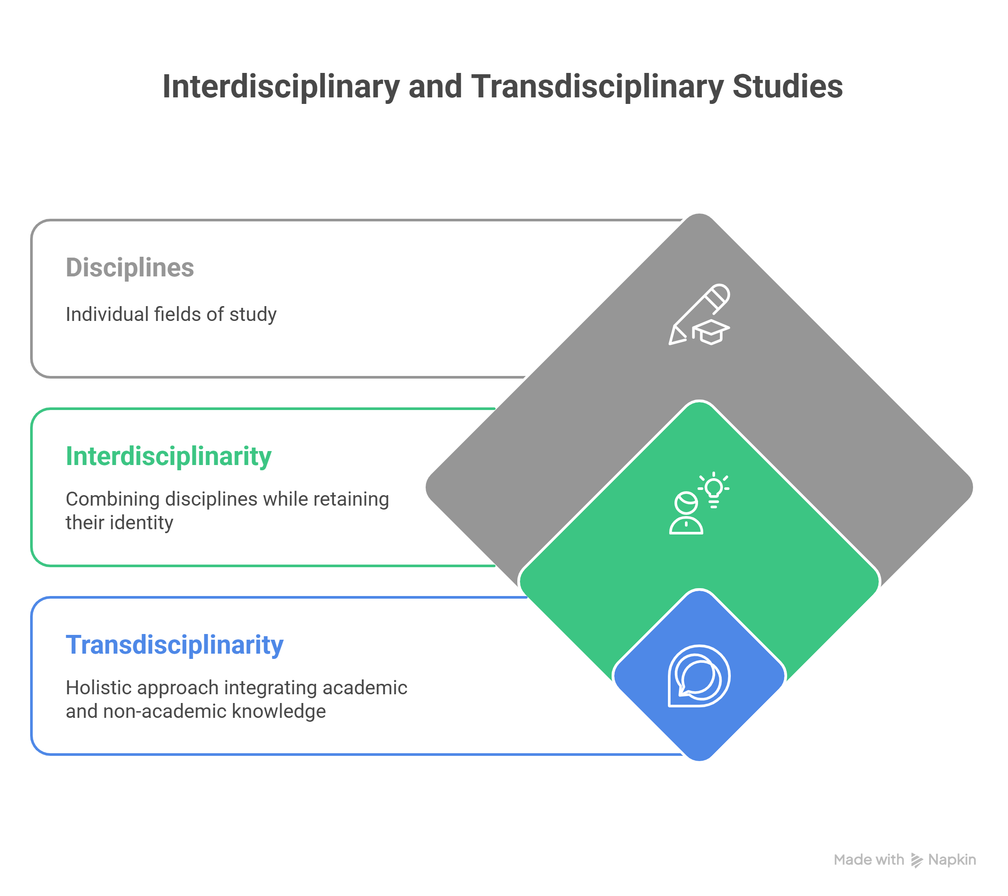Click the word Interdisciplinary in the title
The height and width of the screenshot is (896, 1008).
click(281, 87)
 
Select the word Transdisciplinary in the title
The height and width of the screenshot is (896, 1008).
click(597, 87)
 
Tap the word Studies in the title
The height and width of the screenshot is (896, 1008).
click(788, 87)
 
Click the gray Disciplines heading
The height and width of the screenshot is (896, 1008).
click(130, 268)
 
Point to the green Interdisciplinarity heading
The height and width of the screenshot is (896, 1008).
click(169, 457)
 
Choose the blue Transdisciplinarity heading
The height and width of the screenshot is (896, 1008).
click(175, 645)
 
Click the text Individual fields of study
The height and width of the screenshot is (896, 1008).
click(171, 314)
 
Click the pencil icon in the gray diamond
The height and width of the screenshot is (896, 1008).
click(699, 314)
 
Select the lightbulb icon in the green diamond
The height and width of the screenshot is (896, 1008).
click(714, 489)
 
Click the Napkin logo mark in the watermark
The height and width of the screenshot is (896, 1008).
click(916, 861)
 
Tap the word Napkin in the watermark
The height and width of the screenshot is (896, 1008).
click(952, 860)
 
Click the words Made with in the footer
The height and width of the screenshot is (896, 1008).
click(869, 860)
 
